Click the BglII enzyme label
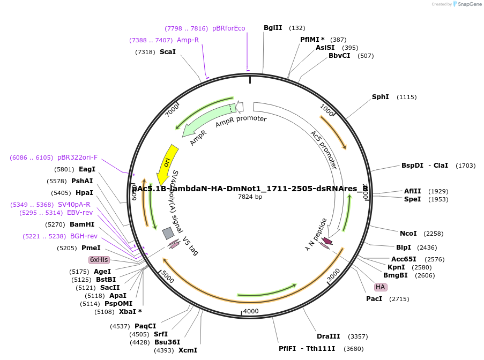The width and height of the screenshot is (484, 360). point(273,28)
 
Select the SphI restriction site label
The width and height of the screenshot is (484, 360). point(380,97)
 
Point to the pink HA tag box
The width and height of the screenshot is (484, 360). point(381,287)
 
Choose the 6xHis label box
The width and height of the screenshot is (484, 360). point(99,260)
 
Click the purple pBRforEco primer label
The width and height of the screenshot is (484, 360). point(228,28)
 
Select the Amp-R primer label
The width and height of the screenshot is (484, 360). point(188,40)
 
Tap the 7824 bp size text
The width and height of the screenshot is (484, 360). point(250,197)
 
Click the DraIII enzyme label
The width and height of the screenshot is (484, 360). point(328,336)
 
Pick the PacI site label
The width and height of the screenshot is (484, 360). point(374,298)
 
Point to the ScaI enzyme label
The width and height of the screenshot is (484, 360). point(167,52)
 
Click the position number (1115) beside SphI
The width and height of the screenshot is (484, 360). point(406,97)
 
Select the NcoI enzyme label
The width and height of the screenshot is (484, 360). point(408,233)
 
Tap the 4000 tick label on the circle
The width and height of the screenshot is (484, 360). point(251,311)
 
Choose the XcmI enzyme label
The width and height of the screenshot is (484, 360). point(188,350)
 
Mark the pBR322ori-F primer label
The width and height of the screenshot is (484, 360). point(77,157)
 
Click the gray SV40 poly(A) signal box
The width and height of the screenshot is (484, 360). point(168,233)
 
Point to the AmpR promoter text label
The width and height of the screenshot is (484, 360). point(241,121)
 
